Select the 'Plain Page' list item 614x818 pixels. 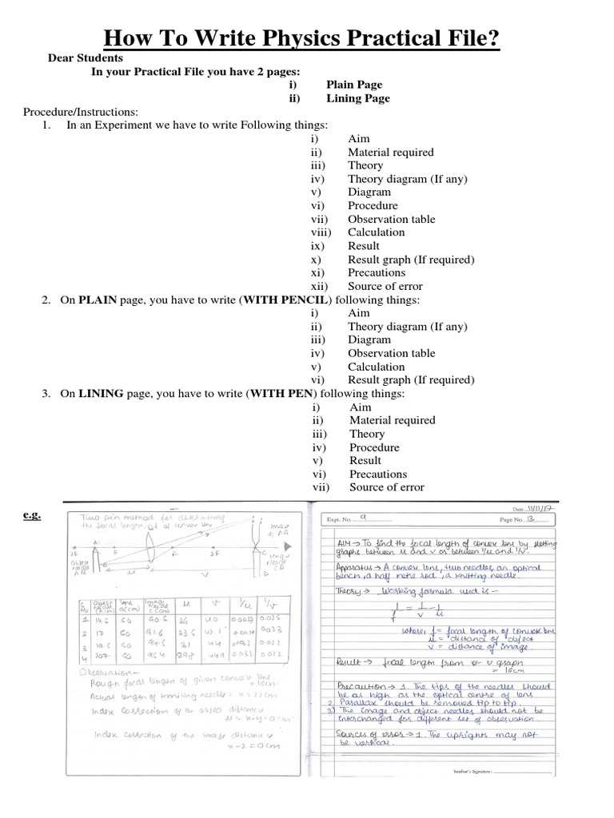[x=354, y=85]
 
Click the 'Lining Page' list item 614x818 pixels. [x=358, y=98]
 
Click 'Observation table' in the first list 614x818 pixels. [x=391, y=219]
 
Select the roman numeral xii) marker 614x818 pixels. [x=319, y=286]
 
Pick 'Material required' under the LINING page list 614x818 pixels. [x=392, y=420]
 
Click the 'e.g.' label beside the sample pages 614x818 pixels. [x=31, y=516]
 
